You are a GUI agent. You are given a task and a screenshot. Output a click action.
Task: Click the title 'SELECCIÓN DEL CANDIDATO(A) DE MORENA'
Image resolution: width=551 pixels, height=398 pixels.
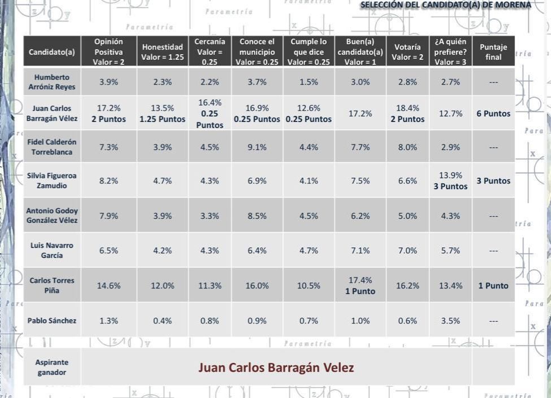tap(446, 5)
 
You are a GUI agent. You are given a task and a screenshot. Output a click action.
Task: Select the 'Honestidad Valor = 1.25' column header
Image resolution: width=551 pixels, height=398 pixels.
tap(163, 52)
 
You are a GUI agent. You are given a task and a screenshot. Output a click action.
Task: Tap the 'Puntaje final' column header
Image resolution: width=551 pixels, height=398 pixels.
tap(493, 52)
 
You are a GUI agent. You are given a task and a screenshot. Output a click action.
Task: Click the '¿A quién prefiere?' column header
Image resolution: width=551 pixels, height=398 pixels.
tap(450, 52)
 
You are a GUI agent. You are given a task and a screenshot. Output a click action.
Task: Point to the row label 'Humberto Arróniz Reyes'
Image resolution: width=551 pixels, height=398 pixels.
tap(51, 82)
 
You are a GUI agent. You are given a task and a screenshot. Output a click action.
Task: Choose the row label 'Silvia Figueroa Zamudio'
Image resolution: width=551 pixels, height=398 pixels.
tap(51, 181)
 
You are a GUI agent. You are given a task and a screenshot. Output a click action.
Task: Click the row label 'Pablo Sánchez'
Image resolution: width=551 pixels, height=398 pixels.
tap(51, 321)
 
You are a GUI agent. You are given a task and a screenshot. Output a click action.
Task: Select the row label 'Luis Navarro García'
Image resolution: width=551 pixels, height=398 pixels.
tap(51, 251)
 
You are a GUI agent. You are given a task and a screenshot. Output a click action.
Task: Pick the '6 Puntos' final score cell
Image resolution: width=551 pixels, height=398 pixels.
tap(493, 113)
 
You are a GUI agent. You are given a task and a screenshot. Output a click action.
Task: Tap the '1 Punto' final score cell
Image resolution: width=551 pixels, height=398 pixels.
tap(493, 286)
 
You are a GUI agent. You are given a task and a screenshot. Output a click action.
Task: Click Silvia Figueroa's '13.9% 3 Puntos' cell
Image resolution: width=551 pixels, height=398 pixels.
tap(450, 181)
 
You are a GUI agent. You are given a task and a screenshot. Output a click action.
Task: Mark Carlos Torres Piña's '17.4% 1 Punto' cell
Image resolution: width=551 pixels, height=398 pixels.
tap(360, 286)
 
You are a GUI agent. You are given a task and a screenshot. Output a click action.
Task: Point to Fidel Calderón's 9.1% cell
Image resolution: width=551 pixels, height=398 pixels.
tap(257, 147)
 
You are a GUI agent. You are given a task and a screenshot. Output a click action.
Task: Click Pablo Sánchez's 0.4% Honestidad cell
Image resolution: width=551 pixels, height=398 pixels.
tap(163, 321)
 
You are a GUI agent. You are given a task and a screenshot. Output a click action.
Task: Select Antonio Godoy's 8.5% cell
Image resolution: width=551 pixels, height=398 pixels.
tap(257, 216)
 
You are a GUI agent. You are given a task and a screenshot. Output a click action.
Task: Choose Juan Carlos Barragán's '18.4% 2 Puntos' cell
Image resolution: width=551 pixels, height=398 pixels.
tap(407, 113)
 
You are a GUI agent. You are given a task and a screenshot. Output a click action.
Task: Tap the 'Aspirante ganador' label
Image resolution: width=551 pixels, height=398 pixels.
tap(51, 368)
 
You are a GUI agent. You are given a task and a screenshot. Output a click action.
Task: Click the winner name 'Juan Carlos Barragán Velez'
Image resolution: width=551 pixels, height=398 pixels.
tap(276, 368)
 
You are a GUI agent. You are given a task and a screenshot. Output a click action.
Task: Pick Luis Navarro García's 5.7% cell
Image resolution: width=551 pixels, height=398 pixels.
tap(450, 251)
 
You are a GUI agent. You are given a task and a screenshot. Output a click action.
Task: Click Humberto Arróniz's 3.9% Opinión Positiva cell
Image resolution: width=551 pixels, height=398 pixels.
tap(109, 82)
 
